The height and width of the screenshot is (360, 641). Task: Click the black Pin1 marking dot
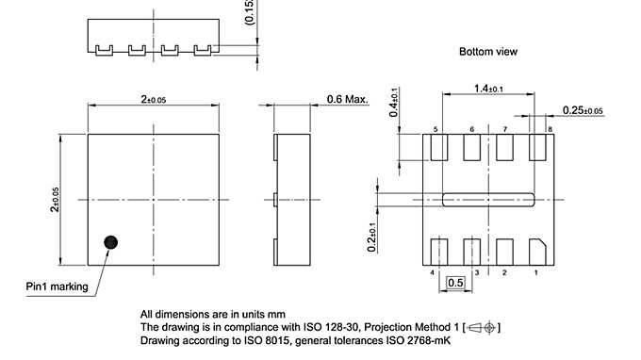(111, 242)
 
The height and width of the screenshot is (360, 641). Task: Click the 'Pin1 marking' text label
(57, 286)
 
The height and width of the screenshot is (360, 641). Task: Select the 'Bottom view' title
(488, 52)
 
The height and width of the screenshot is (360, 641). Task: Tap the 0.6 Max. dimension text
(346, 99)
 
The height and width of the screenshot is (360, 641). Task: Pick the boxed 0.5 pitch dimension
(455, 282)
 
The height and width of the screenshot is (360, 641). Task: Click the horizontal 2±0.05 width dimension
(154, 99)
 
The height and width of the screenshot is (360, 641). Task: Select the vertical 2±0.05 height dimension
(56, 201)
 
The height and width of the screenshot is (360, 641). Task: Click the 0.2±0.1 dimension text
(374, 236)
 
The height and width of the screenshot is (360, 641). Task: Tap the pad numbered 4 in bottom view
(438, 252)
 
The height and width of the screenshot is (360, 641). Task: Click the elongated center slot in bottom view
(488, 199)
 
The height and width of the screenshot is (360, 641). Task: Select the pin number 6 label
(471, 129)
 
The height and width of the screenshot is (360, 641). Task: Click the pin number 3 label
(477, 271)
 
